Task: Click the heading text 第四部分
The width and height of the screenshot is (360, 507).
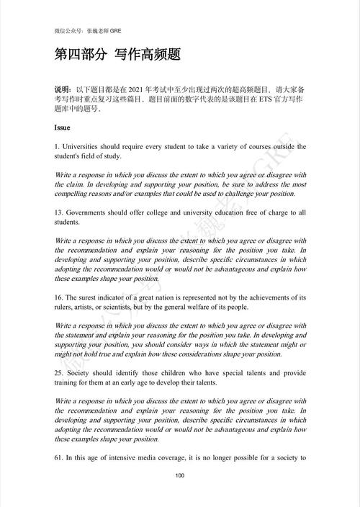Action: (x=78, y=55)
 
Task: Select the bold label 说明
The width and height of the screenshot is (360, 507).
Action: (x=63, y=88)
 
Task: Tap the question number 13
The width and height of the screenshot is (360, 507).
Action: (x=58, y=212)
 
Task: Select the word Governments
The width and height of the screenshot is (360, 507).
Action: (x=89, y=212)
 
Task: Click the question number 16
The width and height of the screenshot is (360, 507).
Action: (x=58, y=297)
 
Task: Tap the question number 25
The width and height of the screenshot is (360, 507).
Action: (x=58, y=373)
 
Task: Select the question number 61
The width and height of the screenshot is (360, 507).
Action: (x=58, y=458)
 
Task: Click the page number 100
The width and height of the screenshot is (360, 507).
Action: (x=180, y=475)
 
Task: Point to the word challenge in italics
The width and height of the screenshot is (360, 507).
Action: (x=245, y=193)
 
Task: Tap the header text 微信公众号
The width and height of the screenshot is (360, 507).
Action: (x=69, y=32)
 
